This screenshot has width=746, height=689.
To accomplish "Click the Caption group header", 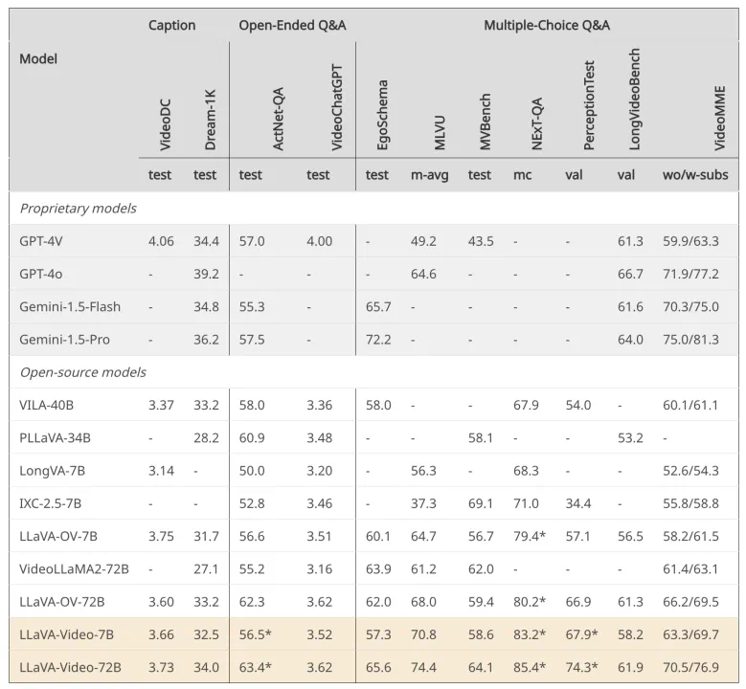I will point(171,25).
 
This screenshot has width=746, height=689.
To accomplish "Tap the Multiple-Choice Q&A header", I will point(547,25).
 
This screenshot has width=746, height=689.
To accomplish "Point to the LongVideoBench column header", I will point(634,100).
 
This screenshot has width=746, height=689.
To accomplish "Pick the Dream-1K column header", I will point(211,121).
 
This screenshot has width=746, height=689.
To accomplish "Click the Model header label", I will point(38,58).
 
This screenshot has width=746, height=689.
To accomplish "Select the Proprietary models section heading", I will point(78,208).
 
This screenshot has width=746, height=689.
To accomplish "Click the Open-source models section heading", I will point(82,371).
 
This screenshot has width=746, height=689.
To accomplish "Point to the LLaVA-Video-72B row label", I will point(70,666).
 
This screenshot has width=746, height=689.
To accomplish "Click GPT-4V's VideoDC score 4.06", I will point(161,241).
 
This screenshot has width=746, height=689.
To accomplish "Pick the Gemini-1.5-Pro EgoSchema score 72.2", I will point(378,339).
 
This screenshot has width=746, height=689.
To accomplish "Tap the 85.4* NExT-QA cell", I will point(530,666).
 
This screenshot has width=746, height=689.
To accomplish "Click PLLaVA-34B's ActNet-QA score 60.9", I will point(252,437).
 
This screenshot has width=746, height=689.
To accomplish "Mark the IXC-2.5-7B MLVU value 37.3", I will point(423,502).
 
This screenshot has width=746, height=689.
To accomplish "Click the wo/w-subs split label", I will point(695,174).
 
